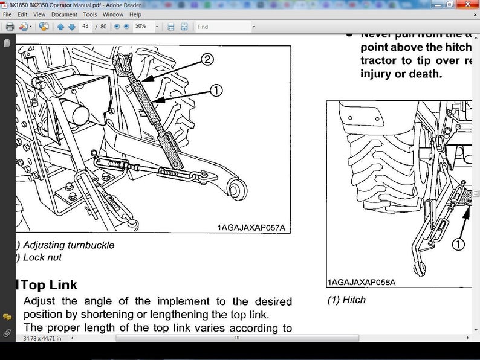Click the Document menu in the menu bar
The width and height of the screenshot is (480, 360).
tap(64, 14)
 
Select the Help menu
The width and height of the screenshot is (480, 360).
tap(135, 14)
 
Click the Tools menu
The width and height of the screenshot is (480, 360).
tap(89, 14)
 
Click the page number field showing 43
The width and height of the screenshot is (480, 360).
tap(86, 27)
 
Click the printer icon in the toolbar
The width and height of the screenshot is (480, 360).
tap(10, 27)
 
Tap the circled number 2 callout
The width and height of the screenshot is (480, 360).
tap(207, 59)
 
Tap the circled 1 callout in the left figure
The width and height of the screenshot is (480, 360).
tap(215, 91)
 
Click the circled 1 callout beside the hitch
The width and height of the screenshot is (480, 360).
tap(458, 245)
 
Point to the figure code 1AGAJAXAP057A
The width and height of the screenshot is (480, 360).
tap(250, 228)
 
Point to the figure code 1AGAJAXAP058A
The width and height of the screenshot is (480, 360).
tap(362, 282)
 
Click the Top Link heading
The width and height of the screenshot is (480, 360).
tap(48, 284)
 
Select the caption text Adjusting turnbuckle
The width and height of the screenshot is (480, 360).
tap(68, 245)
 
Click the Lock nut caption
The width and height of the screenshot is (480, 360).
tap(42, 257)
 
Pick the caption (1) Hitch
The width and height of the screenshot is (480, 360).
tap(346, 300)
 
